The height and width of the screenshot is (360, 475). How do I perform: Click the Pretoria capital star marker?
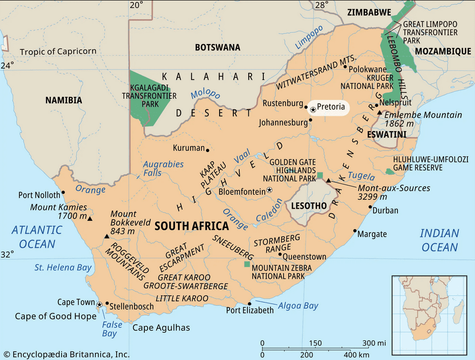tap(313, 109)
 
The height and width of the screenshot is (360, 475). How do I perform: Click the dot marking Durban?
tap(371, 207)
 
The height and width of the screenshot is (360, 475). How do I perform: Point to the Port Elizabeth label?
tap(250, 310)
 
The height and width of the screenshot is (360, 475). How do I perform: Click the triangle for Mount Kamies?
tap(90, 219)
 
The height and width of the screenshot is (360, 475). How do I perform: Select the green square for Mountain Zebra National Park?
tap(247, 264)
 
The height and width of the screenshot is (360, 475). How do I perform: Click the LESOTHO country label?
tap(309, 206)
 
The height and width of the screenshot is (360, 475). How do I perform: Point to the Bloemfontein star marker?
tap(269, 190)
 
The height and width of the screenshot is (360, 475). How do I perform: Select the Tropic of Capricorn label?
tap(58, 51)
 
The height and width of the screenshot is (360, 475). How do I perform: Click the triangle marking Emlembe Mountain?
tap(380, 113)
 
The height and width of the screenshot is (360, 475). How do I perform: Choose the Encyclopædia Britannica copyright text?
tap(66, 354)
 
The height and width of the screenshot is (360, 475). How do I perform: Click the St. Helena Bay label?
tap(63, 267)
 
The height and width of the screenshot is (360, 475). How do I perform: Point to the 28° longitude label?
tap(322, 6)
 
